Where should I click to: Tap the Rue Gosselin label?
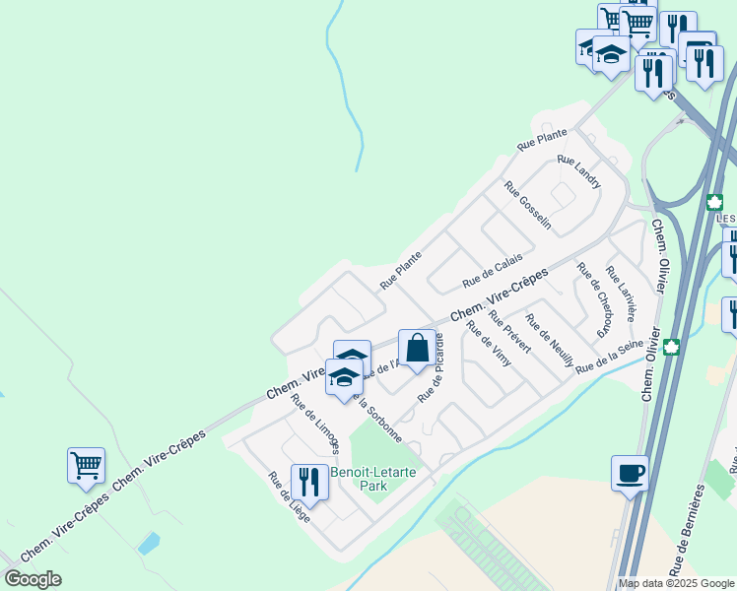(527, 206)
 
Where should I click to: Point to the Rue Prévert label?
(509, 334)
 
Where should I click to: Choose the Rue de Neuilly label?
(550, 340)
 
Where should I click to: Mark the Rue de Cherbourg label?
(594, 295)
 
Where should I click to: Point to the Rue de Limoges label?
(314, 424)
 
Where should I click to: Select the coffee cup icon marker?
(630, 474)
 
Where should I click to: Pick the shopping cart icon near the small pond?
(86, 465)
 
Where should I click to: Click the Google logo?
(33, 579)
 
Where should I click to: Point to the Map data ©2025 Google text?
(677, 583)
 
